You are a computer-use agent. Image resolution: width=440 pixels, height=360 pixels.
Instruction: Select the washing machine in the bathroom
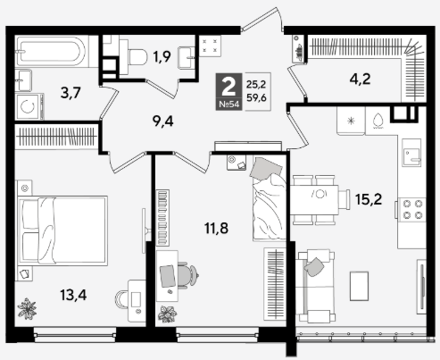(x=29, y=106)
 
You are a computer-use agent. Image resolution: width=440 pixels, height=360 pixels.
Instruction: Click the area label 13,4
(x=73, y=296)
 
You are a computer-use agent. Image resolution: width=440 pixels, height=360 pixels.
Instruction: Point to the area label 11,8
(x=216, y=229)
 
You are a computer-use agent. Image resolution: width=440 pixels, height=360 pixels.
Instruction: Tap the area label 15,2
(x=369, y=199)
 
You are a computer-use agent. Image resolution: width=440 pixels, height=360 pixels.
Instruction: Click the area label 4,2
(x=360, y=80)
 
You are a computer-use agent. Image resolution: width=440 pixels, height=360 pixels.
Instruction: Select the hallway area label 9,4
(x=162, y=121)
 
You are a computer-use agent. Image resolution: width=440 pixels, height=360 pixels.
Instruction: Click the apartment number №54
(x=228, y=105)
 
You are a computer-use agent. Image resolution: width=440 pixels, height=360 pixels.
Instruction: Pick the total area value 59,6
(x=256, y=98)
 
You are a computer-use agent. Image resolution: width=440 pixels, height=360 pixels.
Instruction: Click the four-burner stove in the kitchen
(x=411, y=209)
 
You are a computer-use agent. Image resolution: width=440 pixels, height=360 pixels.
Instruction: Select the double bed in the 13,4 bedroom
(x=62, y=230)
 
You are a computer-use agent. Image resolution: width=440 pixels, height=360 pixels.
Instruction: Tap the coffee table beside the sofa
(x=359, y=286)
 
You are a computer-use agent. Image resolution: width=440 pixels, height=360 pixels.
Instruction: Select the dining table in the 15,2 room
(x=316, y=200)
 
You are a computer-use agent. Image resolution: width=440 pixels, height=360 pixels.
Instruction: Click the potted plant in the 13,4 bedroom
(x=27, y=307)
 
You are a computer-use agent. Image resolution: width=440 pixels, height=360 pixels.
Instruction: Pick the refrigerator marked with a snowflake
(x=351, y=121)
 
